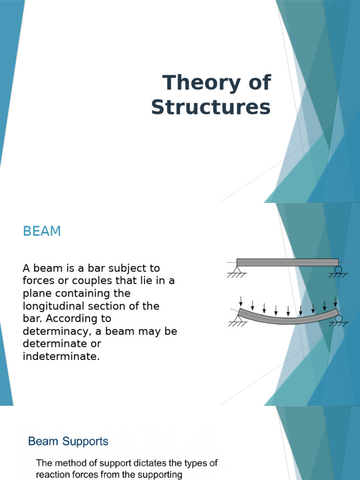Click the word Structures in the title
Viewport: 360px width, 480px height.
[210, 107]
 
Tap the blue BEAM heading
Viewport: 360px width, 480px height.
[42, 232]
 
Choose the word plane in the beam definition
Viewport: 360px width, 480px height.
[37, 293]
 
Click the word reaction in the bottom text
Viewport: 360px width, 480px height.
[52, 474]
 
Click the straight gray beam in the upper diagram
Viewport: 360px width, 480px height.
[287, 262]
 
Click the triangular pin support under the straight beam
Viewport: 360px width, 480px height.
[236, 270]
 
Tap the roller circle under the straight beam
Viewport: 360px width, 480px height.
[338, 270]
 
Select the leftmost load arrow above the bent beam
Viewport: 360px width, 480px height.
[240, 300]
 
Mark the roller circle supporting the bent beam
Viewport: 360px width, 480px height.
[338, 319]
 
